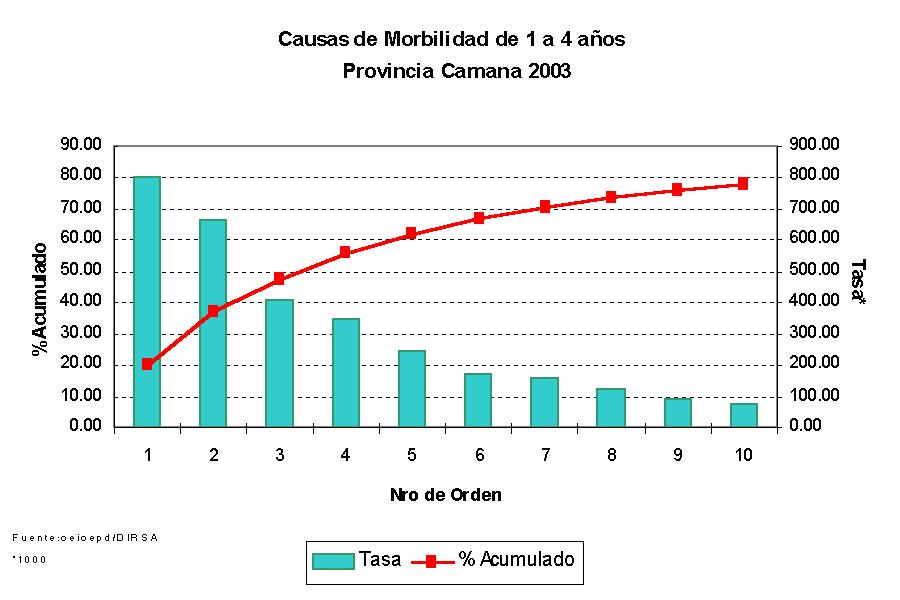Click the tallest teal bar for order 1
point(147,301)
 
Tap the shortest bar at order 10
point(743,415)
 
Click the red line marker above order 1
point(147,364)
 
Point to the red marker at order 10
point(743,184)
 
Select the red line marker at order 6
point(479,218)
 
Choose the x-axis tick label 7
point(545,455)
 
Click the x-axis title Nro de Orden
point(446,495)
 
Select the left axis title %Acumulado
point(40,298)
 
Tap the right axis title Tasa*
point(858,284)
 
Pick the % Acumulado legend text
point(516,560)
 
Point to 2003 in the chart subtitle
point(547,72)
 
